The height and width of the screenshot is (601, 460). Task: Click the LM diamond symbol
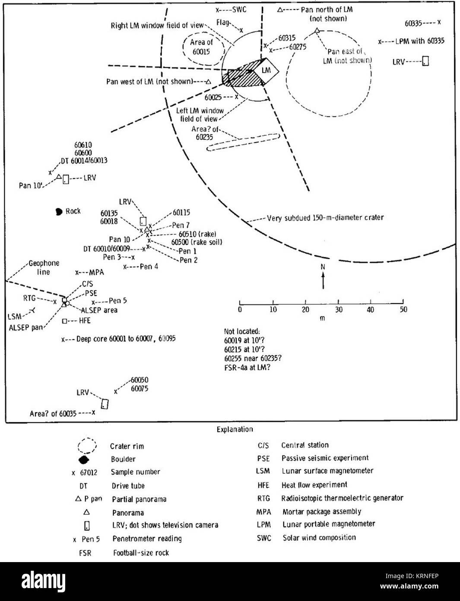click(266, 70)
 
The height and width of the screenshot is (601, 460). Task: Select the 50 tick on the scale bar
click(403, 302)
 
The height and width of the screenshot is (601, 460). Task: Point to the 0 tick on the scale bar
click(240, 302)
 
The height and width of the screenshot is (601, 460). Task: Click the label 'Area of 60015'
click(201, 47)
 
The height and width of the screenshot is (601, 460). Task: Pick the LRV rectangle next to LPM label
click(425, 61)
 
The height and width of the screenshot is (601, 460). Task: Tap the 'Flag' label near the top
click(223, 22)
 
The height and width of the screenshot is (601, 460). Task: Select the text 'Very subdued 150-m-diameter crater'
click(325, 218)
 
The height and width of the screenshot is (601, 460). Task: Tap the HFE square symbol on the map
click(64, 321)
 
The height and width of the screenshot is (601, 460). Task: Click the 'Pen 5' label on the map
click(117, 301)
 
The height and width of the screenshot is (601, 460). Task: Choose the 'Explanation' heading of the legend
click(235, 429)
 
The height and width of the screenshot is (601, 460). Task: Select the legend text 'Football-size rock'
click(141, 553)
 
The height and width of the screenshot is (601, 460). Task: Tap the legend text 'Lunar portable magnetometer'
click(329, 524)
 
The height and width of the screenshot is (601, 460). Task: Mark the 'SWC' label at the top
click(239, 9)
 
